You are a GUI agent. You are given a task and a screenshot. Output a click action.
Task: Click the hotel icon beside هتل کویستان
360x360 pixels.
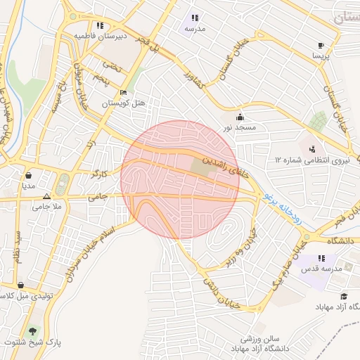point(124,93)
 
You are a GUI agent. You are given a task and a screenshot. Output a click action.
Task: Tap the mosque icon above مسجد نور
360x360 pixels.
point(240,117)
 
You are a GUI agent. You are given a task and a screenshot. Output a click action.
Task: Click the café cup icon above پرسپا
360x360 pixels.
point(321,43)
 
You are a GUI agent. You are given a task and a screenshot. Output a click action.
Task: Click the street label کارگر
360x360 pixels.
point(100,173)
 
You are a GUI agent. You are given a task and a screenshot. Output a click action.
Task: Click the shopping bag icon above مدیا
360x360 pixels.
point(28,176)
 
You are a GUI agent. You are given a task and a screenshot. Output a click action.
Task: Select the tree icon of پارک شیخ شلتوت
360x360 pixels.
point(32,330)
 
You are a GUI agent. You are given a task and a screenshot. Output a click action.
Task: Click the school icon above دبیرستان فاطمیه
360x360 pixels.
point(100,25)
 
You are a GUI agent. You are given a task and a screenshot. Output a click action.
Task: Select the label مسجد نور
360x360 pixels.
point(240,128)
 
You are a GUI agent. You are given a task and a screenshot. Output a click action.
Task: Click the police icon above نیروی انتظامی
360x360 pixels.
point(311,148)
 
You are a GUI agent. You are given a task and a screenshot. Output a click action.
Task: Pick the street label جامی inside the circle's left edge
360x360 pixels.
point(99,198)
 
